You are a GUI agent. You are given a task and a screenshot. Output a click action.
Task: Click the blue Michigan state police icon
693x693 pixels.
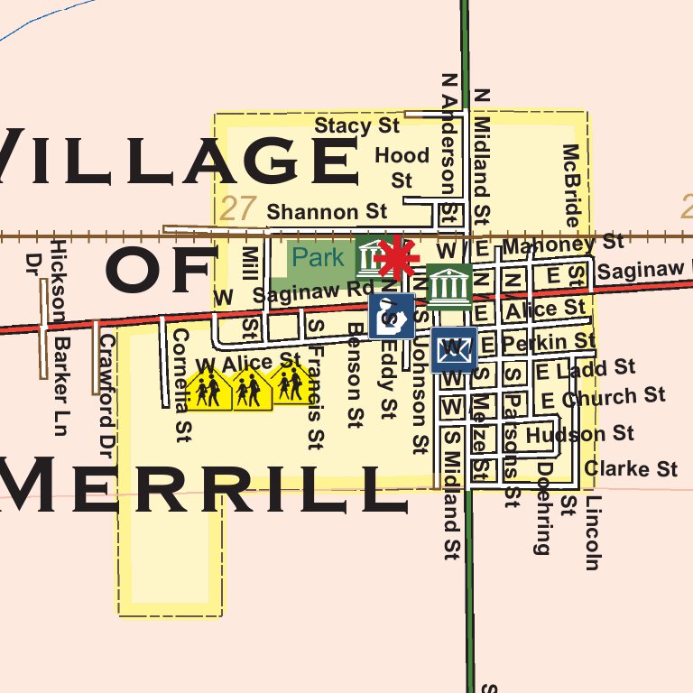391,316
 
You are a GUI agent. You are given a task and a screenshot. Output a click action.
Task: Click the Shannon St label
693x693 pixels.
327,212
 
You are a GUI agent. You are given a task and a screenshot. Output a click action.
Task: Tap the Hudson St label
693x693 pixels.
579,435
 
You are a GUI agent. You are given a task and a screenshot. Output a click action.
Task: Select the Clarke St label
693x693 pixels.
630,468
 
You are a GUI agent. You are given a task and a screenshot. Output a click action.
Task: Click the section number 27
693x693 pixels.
237,209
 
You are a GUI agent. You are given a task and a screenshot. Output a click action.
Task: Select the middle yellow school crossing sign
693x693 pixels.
251,390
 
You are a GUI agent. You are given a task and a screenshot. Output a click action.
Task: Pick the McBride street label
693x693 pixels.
570,185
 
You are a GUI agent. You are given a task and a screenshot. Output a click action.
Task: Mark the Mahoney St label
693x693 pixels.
562,244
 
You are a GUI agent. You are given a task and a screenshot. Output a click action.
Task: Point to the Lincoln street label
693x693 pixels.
591,532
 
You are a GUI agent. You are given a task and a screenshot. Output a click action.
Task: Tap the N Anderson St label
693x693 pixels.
447,149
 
